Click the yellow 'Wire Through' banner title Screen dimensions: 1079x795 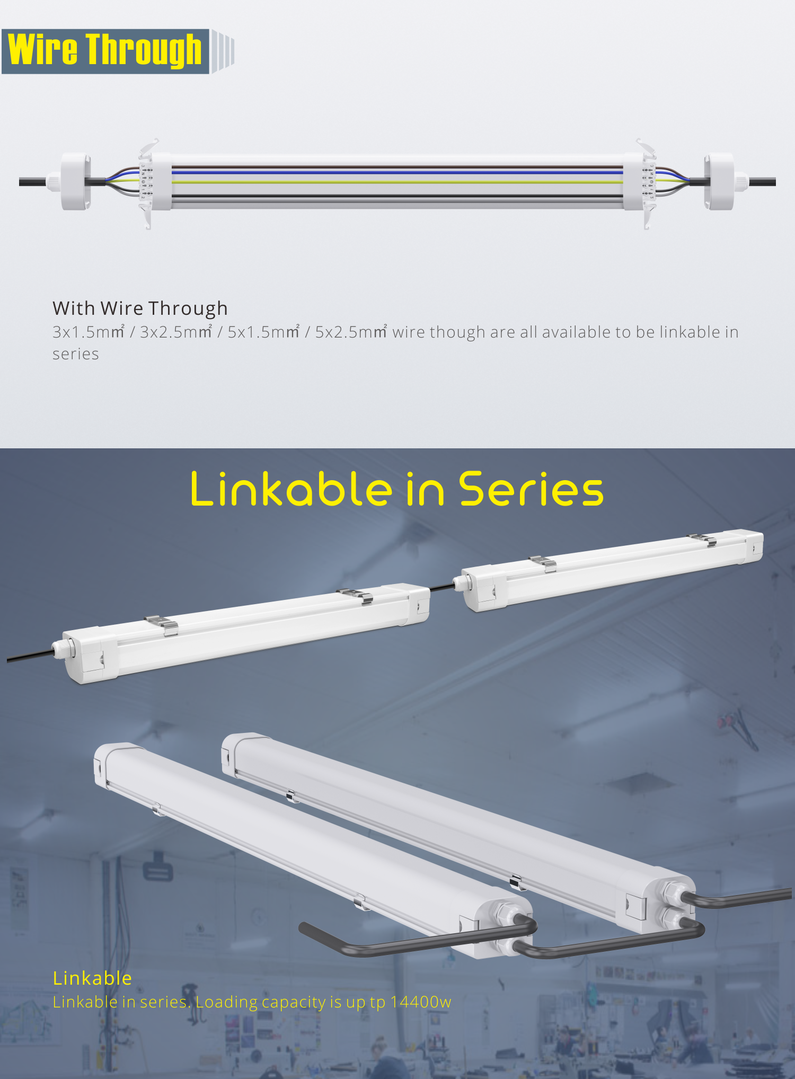point(105,50)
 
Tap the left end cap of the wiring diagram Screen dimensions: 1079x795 point(75,182)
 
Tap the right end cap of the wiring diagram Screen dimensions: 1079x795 point(719,182)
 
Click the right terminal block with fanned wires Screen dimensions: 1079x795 point(649,182)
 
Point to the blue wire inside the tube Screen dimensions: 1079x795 point(397,172)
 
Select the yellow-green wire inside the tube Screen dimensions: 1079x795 point(397,181)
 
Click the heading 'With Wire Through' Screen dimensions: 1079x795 point(140,308)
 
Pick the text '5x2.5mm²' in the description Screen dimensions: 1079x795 point(351,332)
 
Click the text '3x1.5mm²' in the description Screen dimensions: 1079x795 point(88,332)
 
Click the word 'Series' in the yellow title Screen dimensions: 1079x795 point(531,489)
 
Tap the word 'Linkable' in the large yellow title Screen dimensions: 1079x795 point(291,489)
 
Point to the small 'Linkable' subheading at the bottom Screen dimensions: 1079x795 point(92,978)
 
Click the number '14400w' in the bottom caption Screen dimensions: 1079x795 point(420,1002)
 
